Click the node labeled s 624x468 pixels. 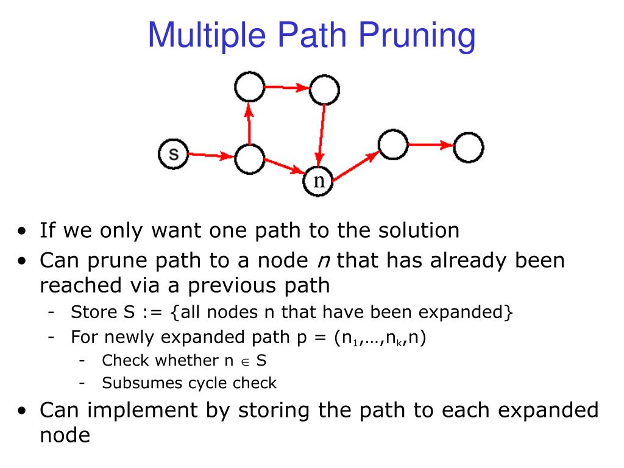tap(174, 154)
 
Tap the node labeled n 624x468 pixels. tap(319, 181)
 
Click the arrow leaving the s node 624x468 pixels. tap(211, 156)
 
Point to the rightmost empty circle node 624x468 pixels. tap(469, 147)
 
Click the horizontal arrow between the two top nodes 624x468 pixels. tap(287, 88)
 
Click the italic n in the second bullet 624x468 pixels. tap(321, 261)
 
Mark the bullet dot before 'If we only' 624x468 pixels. tap(22, 232)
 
